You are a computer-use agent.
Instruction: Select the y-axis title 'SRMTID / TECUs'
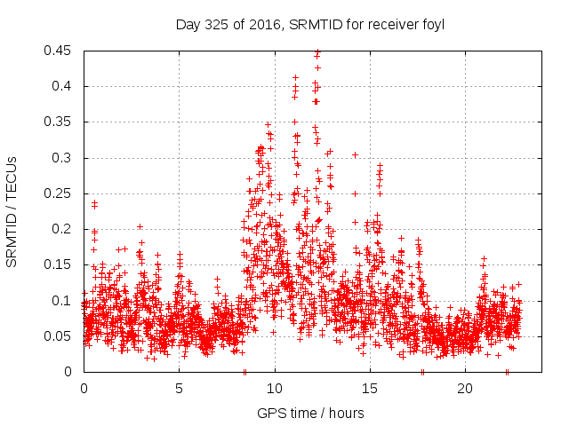pyautogui.click(x=12, y=211)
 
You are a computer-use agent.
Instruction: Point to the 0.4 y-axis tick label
pyautogui.click(x=66, y=86)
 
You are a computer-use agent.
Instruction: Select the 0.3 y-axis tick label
pyautogui.click(x=66, y=158)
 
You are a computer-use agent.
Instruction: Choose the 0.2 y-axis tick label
pyautogui.click(x=66, y=229)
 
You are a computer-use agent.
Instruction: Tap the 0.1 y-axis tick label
pyautogui.click(x=66, y=300)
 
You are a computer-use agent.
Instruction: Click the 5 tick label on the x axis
pyautogui.click(x=179, y=389)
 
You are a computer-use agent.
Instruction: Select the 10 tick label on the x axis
pyautogui.click(x=275, y=389)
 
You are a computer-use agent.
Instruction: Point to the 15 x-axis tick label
pyautogui.click(x=370, y=389)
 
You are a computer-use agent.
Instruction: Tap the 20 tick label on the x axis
pyautogui.click(x=465, y=389)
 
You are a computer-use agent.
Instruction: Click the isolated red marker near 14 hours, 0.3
pyautogui.click(x=355, y=155)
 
